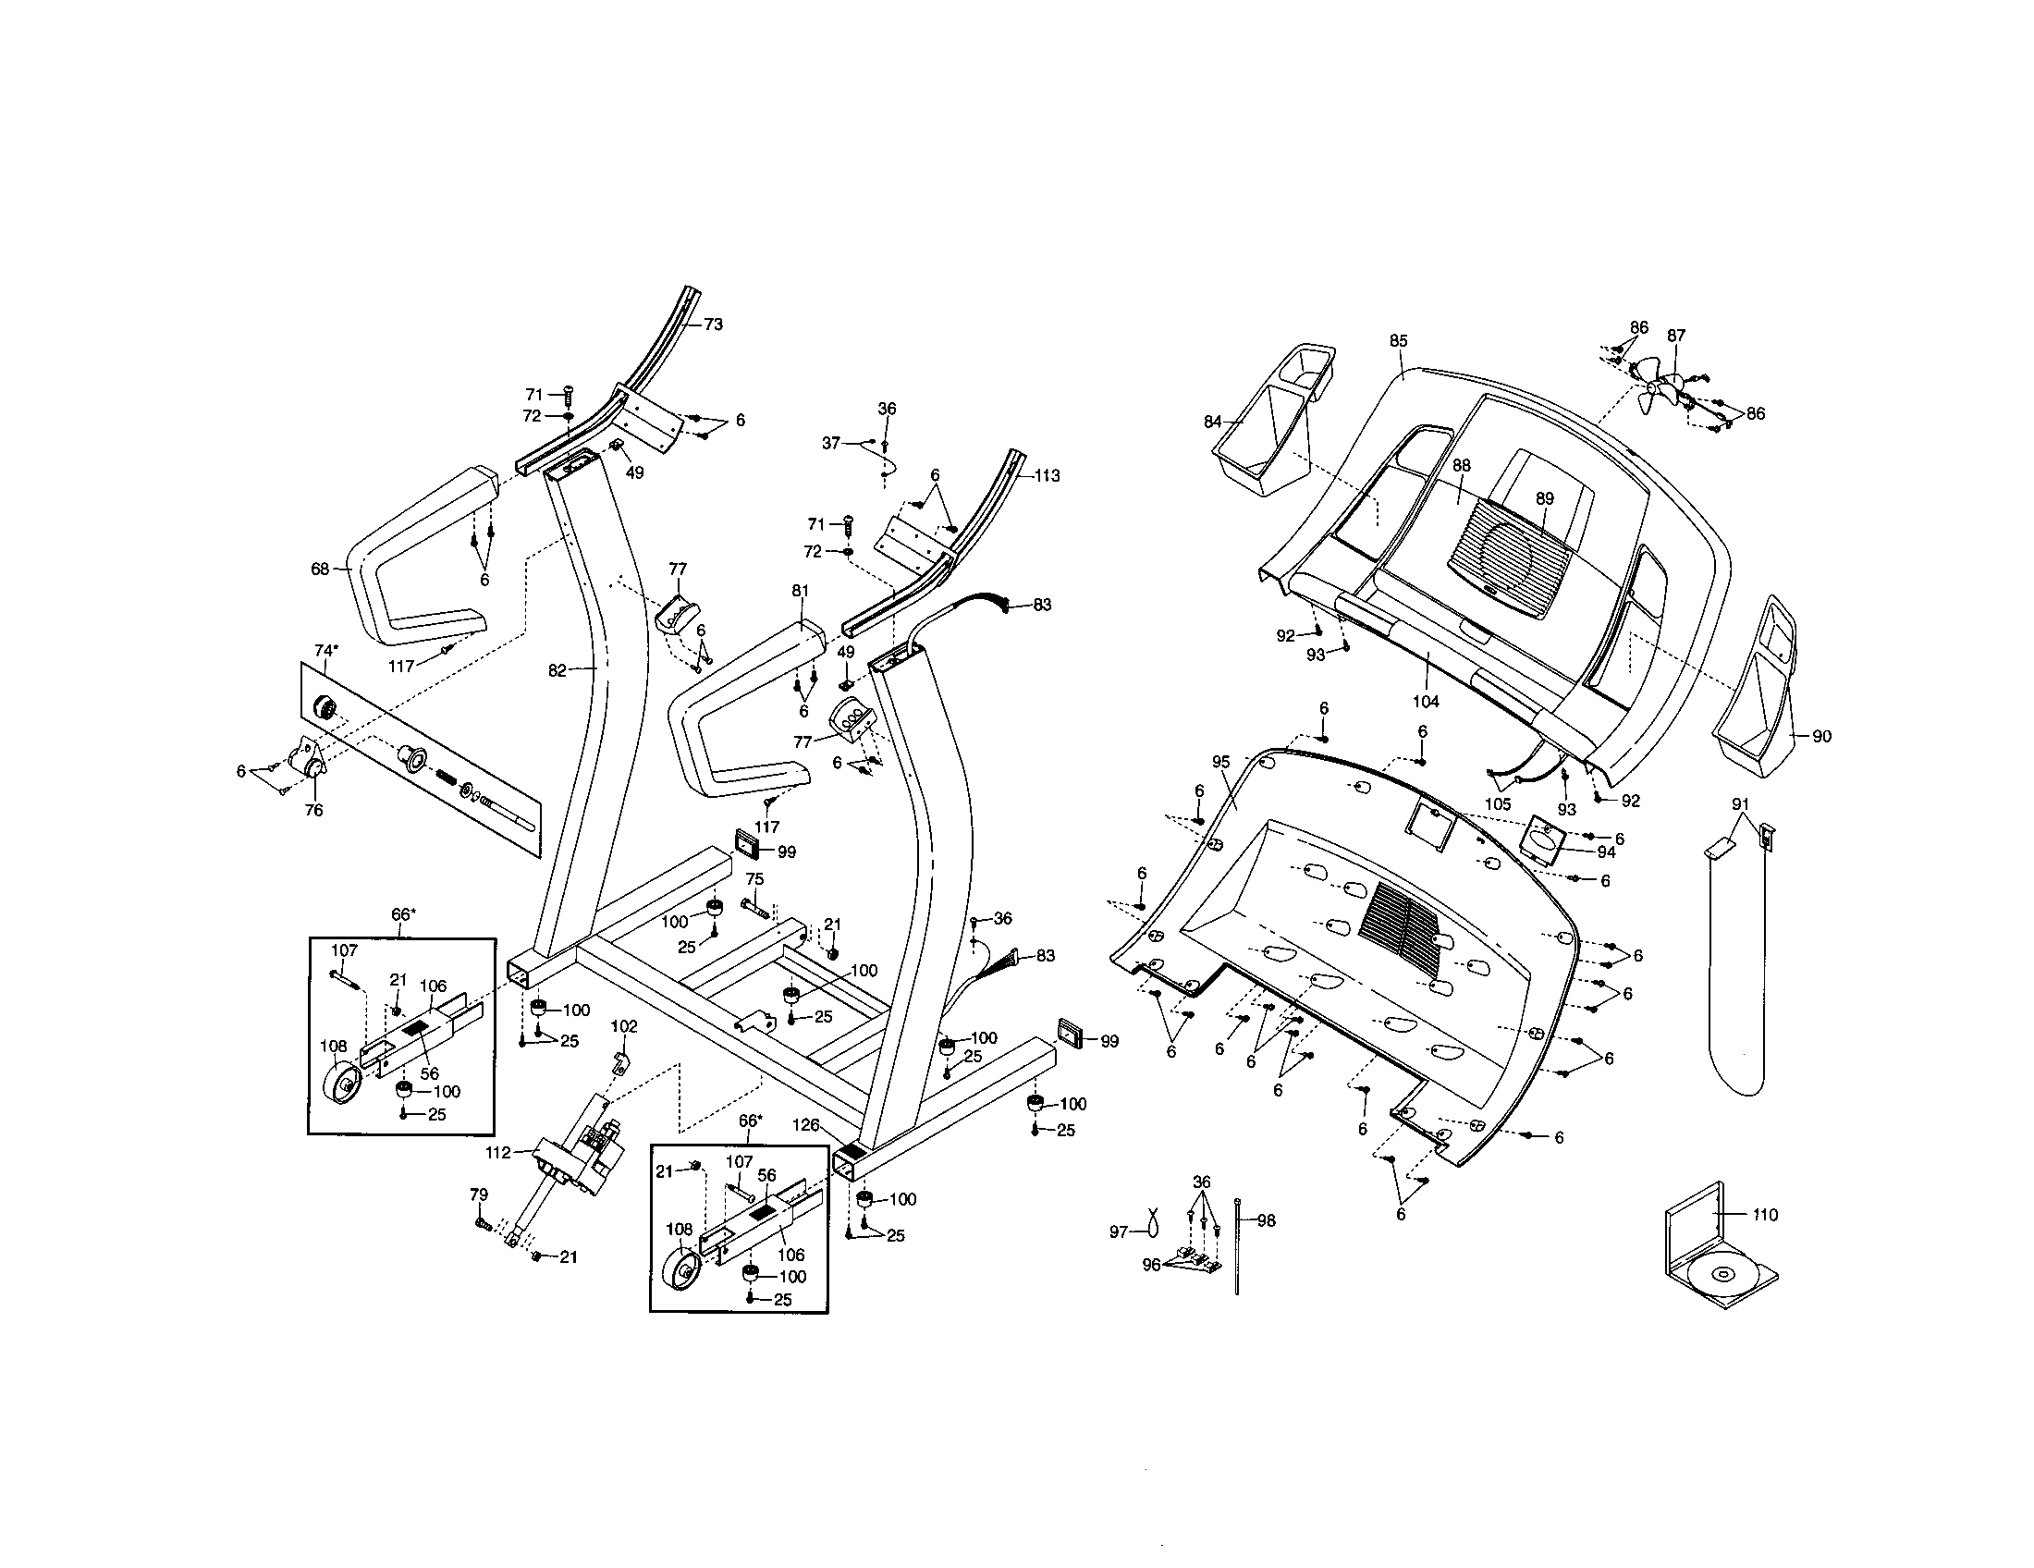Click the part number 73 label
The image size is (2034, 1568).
(713, 324)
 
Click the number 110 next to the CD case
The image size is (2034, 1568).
(1765, 1214)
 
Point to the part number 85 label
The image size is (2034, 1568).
(1399, 341)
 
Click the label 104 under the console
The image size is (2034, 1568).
(1426, 701)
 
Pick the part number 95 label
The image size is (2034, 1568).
(1221, 762)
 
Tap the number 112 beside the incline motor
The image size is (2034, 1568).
(498, 1152)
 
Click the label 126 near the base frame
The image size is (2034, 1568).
(805, 1125)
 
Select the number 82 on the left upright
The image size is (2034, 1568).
(557, 670)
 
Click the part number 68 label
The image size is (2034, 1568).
(321, 568)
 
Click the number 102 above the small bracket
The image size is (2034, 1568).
(624, 1026)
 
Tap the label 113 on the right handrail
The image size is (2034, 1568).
(1047, 476)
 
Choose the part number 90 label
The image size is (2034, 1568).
(1821, 737)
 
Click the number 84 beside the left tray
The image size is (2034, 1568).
(1213, 422)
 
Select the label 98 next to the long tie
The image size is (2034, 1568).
(1267, 1220)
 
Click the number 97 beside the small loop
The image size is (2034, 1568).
(1119, 1231)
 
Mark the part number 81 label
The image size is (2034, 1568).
(801, 591)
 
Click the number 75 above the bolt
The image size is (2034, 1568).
(754, 879)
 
